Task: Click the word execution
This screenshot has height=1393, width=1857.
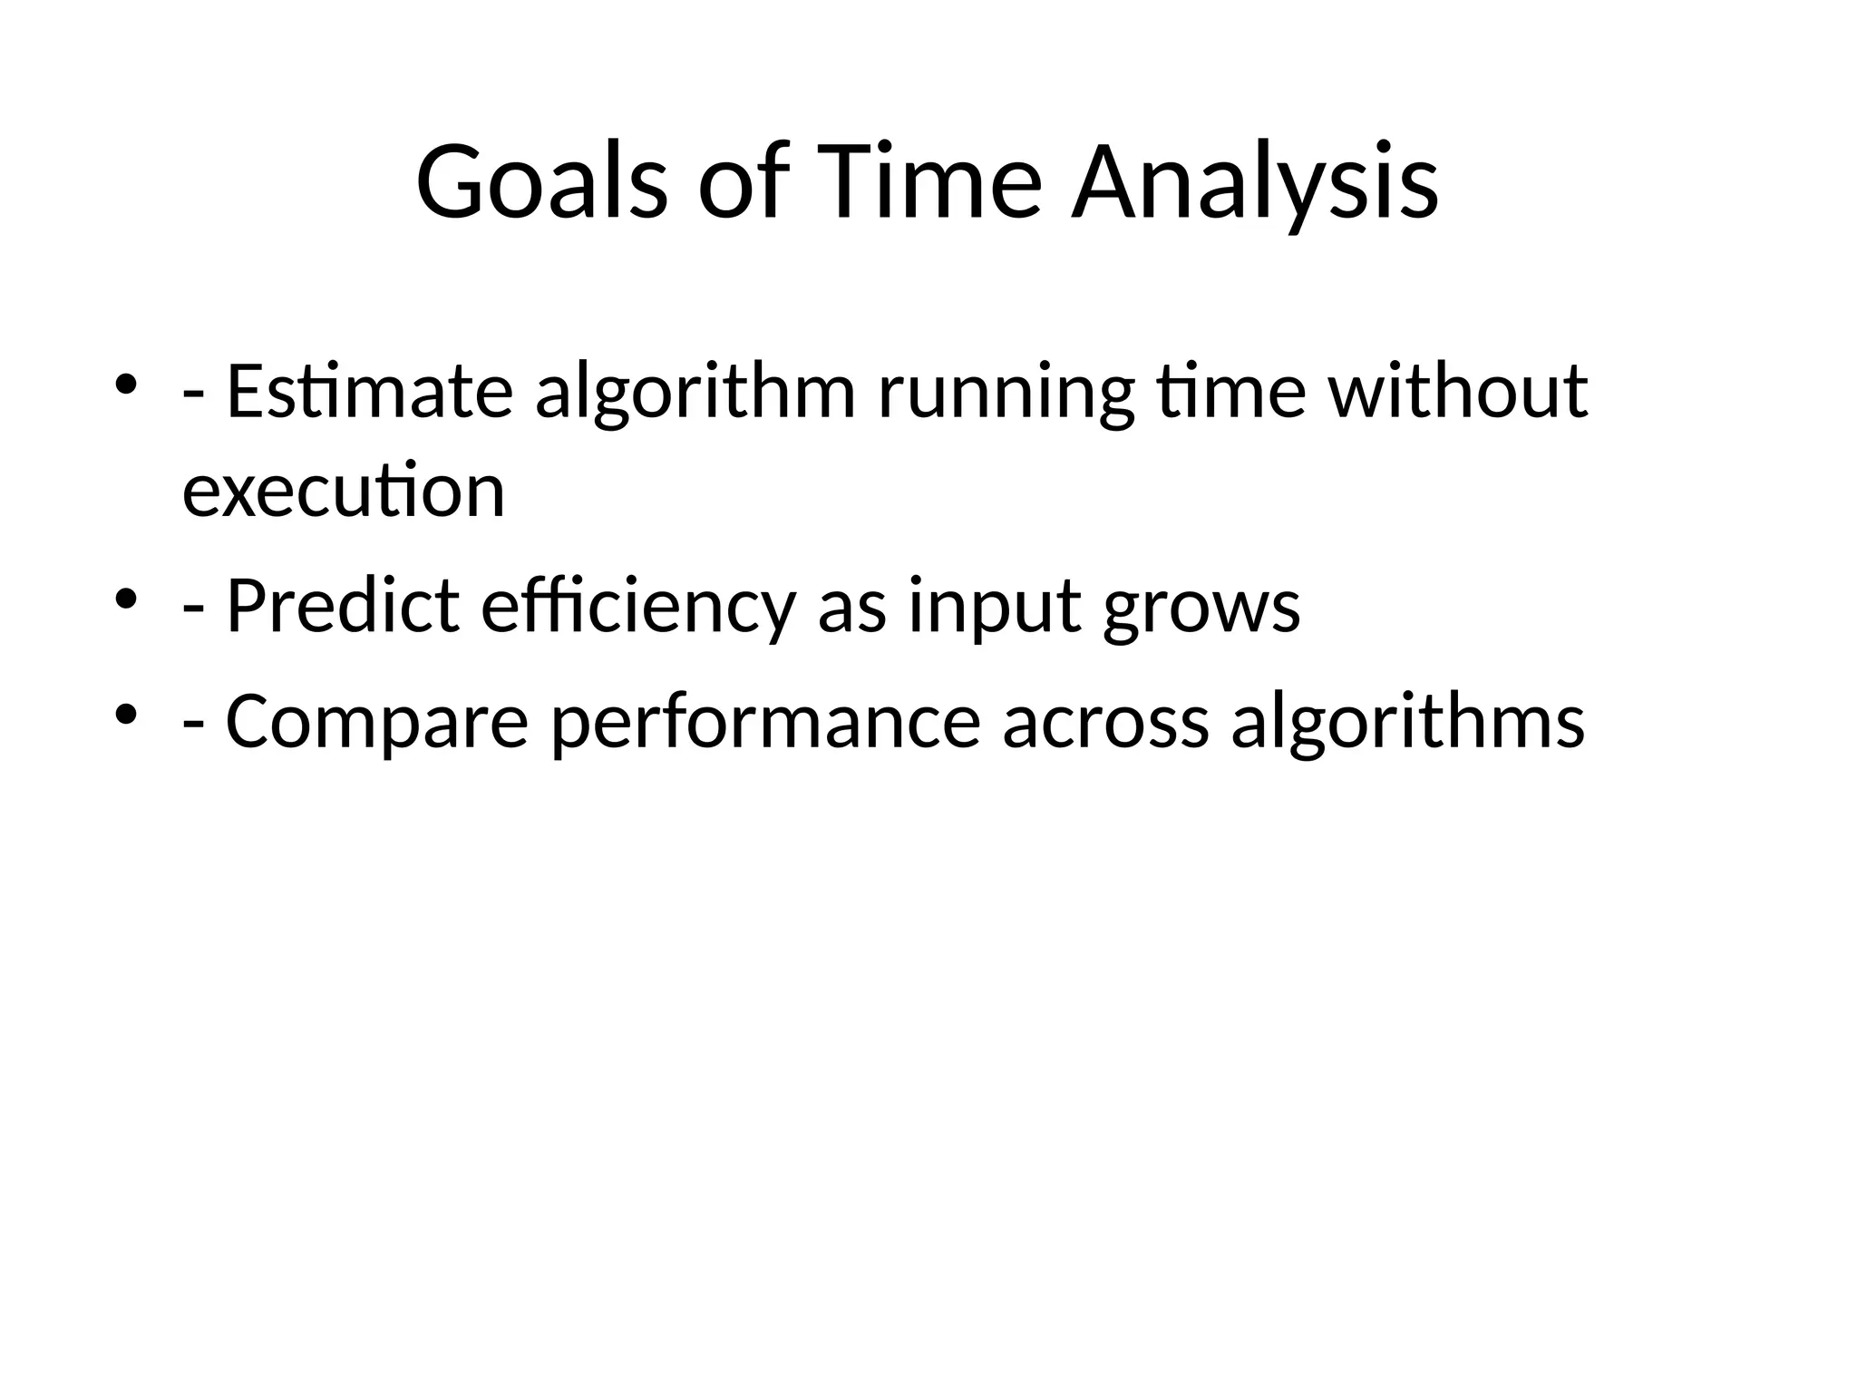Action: coord(344,491)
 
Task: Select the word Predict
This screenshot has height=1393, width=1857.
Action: coord(343,606)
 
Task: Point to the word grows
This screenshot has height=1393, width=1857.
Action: coord(1201,606)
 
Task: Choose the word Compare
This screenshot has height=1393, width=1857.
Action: coord(376,721)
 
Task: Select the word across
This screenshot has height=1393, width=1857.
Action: coord(1106,721)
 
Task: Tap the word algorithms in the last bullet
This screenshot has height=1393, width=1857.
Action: coord(1408,721)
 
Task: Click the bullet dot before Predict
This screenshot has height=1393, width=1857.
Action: coord(126,598)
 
